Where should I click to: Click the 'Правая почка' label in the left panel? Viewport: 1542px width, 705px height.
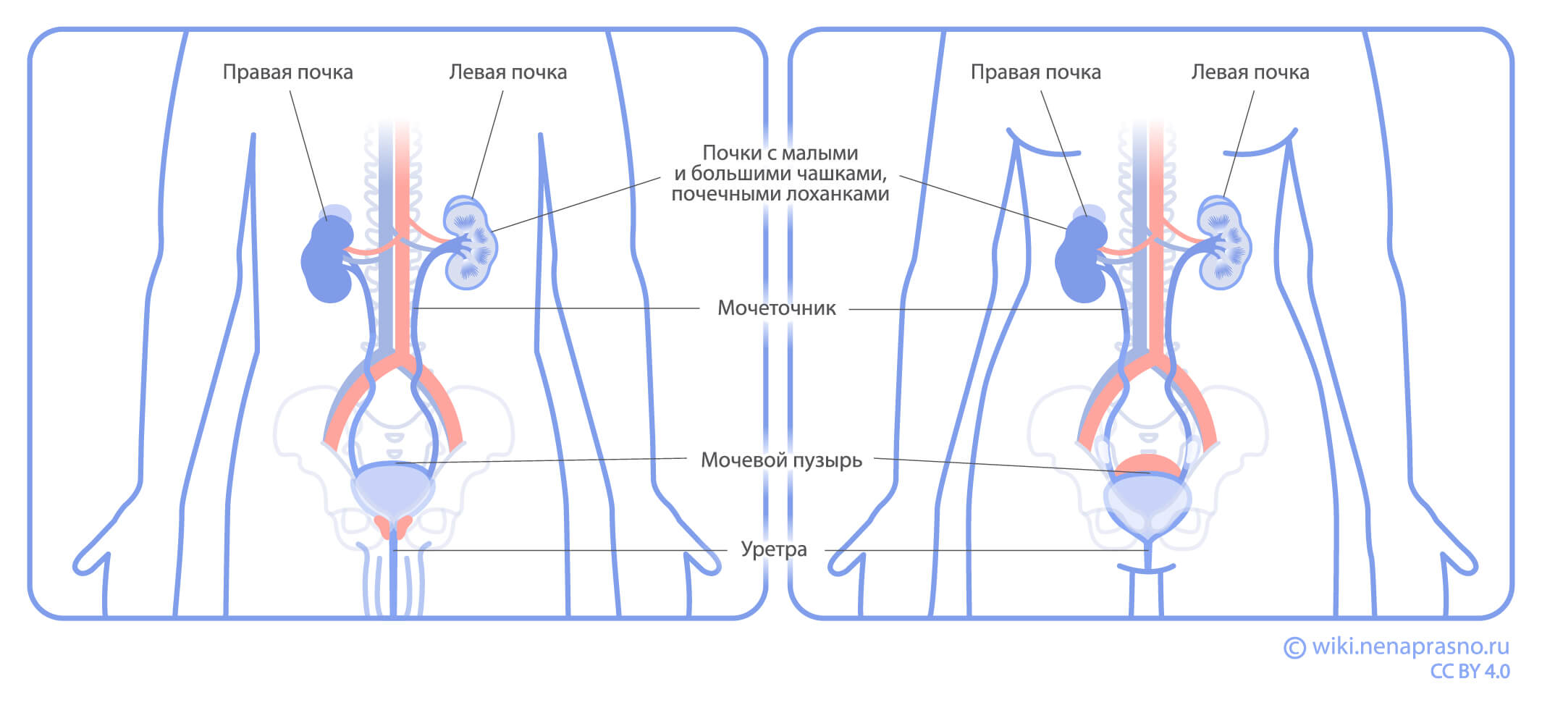[x=287, y=72]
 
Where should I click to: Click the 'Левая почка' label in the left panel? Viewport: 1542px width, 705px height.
[x=507, y=72]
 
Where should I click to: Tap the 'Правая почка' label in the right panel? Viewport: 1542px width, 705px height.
[x=1035, y=72]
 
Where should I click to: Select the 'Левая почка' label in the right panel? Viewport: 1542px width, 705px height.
[x=1250, y=72]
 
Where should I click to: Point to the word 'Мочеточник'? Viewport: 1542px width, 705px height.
[x=776, y=308]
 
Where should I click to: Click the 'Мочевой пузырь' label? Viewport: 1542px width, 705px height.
[x=781, y=460]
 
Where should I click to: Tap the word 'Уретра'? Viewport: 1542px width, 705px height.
[x=773, y=549]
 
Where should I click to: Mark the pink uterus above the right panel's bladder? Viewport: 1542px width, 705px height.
[x=1147, y=465]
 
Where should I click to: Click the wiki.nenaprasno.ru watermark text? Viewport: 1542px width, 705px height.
[x=1410, y=646]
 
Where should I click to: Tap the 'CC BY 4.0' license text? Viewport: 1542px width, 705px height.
[x=1470, y=672]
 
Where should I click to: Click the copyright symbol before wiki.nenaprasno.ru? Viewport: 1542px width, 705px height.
[x=1294, y=647]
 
